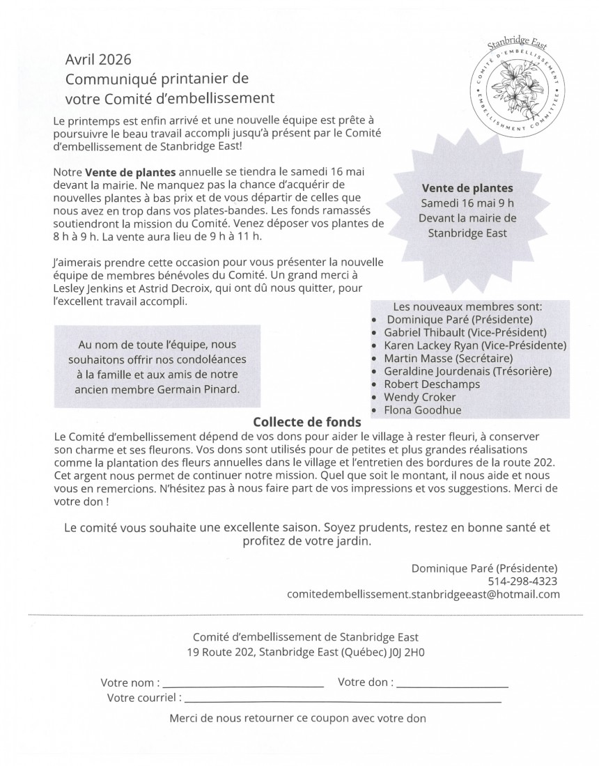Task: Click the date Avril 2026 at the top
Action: click(98, 60)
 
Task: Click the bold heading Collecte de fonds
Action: click(307, 422)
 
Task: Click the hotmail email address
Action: click(423, 594)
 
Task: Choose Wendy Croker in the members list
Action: click(420, 397)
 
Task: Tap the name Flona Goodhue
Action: click(422, 410)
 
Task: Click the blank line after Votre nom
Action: click(243, 687)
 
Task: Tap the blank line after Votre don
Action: click(452, 687)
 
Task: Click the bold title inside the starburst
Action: click(467, 188)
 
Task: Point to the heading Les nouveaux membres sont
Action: click(467, 306)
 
